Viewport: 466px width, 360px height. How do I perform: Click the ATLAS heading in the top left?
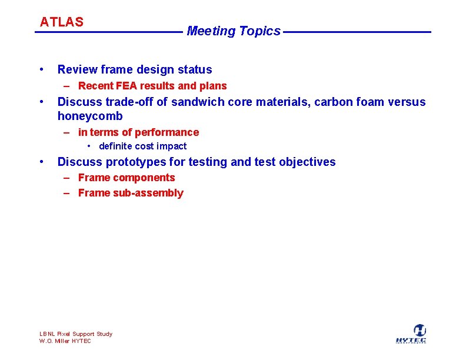click(61, 22)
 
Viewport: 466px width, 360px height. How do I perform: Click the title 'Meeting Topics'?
click(234, 31)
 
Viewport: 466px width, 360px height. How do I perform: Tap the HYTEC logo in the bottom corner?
click(411, 334)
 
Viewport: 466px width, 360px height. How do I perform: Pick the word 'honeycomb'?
click(90, 116)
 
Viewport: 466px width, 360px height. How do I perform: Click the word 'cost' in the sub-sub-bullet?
click(144, 146)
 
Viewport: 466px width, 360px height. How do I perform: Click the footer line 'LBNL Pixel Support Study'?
click(76, 334)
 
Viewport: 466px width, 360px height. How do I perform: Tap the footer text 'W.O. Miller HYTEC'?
click(65, 341)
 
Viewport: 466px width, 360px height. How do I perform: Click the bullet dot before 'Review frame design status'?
click(41, 69)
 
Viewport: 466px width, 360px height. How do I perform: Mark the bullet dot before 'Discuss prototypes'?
click(41, 162)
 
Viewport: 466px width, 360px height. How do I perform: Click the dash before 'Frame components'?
click(67, 178)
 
